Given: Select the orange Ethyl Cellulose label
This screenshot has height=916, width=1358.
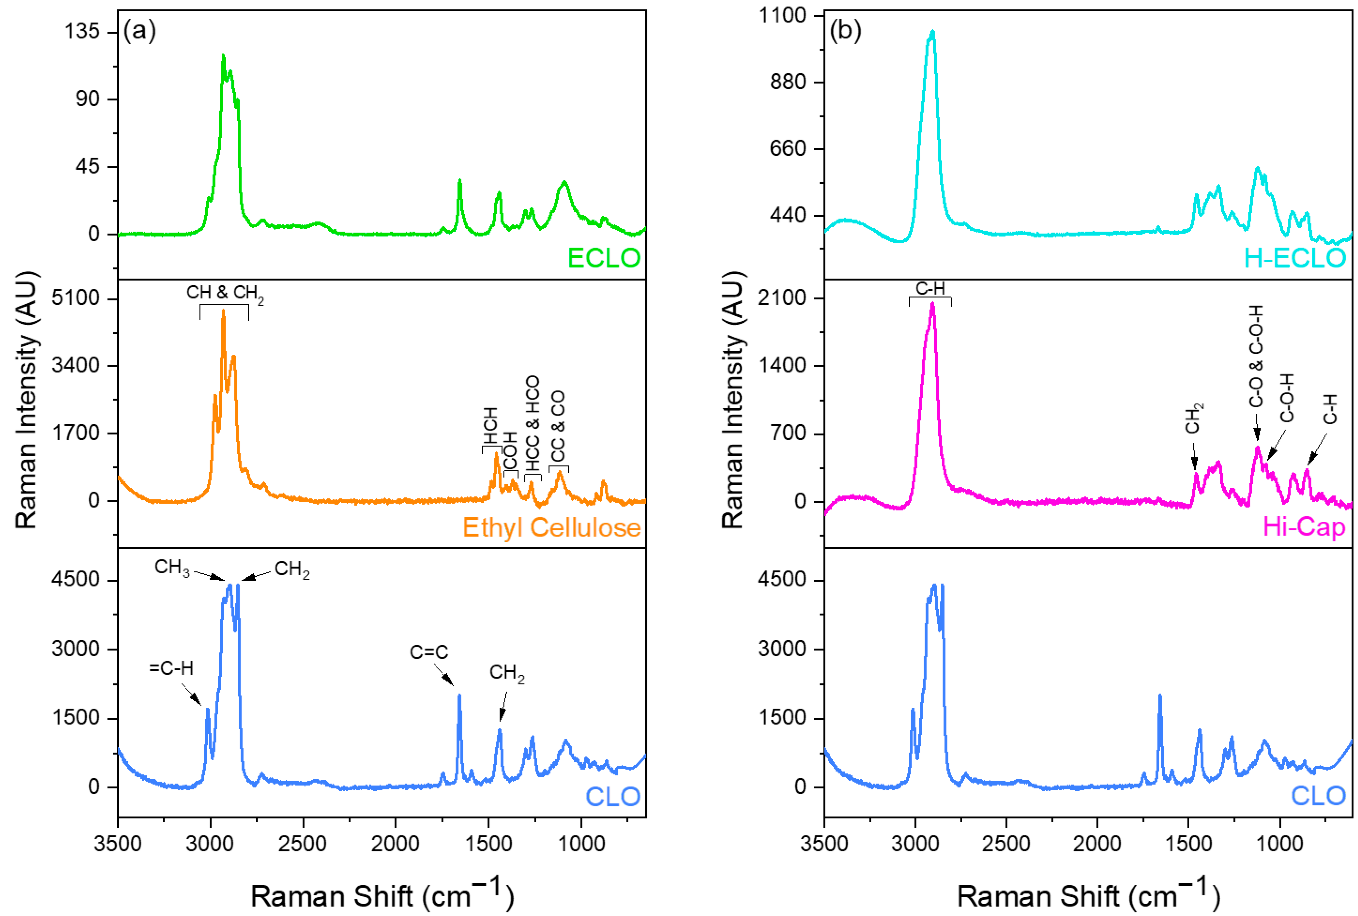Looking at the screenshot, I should click(551, 527).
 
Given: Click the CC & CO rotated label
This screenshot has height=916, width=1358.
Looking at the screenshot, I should click(558, 427).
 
